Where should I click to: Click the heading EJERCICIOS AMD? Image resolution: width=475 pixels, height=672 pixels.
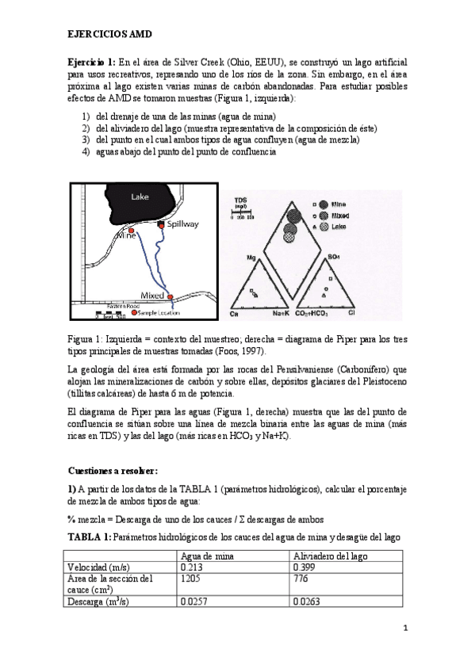point(108,36)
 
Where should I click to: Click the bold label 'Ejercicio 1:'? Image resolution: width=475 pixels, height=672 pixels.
point(91,63)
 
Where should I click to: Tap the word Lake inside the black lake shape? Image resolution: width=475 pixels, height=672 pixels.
point(140,197)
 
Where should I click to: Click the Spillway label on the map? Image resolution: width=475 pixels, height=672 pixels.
point(182,224)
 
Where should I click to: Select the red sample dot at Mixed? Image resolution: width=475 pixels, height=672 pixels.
point(170,296)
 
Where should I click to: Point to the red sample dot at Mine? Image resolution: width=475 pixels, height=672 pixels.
point(132,230)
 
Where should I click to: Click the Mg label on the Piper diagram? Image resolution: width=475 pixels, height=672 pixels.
point(251,258)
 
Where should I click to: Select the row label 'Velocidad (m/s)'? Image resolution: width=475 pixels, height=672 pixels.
point(99,567)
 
